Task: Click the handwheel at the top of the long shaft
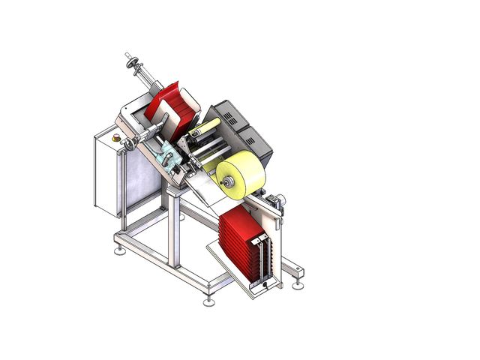tap(136, 66)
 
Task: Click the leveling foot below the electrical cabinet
tap(119, 250)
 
